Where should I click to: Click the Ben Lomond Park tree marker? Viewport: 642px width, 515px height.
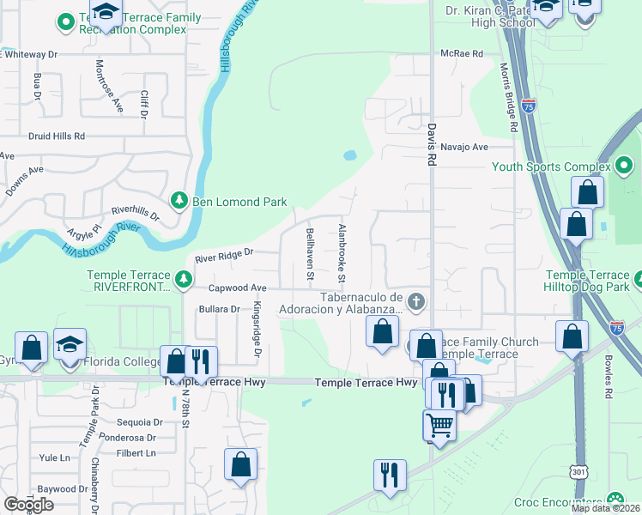coord(179,202)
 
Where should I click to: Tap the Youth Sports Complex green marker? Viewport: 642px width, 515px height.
coord(624,166)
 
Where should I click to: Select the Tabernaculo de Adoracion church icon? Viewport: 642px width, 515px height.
coord(416,301)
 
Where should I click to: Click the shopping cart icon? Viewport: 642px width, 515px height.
coord(439,423)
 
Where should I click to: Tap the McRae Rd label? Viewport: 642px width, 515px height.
coord(462,53)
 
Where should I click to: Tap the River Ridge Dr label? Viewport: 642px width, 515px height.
coord(225,255)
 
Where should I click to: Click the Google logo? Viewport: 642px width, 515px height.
coord(28,505)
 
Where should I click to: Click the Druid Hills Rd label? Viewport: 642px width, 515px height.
coord(57,136)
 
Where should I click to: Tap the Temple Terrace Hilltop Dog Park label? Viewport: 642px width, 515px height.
coord(588,282)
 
